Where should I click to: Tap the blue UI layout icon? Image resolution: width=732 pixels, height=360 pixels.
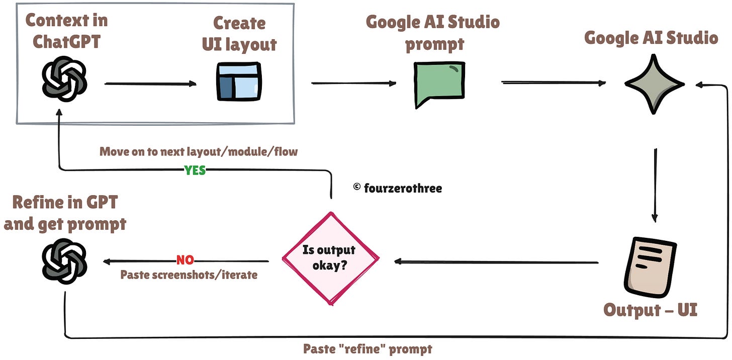(x=239, y=81)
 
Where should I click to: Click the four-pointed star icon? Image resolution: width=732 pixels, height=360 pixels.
(x=654, y=83)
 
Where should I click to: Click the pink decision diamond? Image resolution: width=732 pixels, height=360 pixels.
(x=330, y=258)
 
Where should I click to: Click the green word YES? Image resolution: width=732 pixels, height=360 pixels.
(x=195, y=170)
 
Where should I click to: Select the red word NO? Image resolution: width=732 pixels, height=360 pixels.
(x=185, y=260)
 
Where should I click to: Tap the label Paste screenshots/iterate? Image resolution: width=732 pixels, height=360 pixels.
(x=189, y=275)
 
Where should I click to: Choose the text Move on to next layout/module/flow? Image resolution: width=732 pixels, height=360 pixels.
(x=199, y=151)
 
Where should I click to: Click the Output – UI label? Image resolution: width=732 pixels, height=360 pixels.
(x=650, y=309)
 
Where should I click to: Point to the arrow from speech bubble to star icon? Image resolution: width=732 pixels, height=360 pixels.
(x=553, y=83)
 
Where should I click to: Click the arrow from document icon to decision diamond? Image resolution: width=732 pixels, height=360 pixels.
(x=495, y=261)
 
